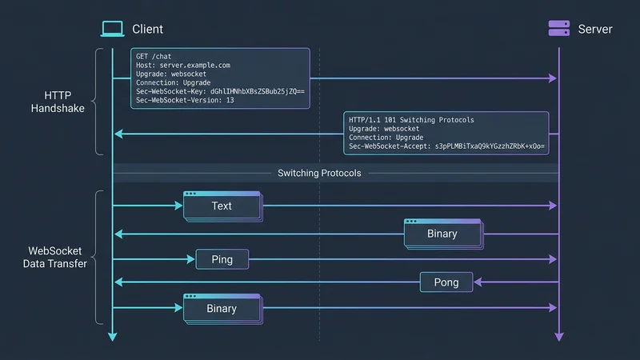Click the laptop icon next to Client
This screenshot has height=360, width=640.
113,29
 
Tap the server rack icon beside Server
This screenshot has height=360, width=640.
558,29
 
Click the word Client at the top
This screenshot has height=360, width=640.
147,29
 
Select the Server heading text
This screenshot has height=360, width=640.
595,29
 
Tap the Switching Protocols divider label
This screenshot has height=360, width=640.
319,173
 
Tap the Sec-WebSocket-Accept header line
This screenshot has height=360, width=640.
446,147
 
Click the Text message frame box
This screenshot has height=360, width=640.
222,206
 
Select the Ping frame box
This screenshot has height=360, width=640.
222,260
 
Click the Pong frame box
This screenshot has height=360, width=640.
446,282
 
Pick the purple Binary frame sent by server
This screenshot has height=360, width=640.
442,234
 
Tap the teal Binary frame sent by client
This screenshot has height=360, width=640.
222,309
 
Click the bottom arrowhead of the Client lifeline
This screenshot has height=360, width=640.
113,336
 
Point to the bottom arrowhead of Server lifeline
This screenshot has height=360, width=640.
558,336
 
